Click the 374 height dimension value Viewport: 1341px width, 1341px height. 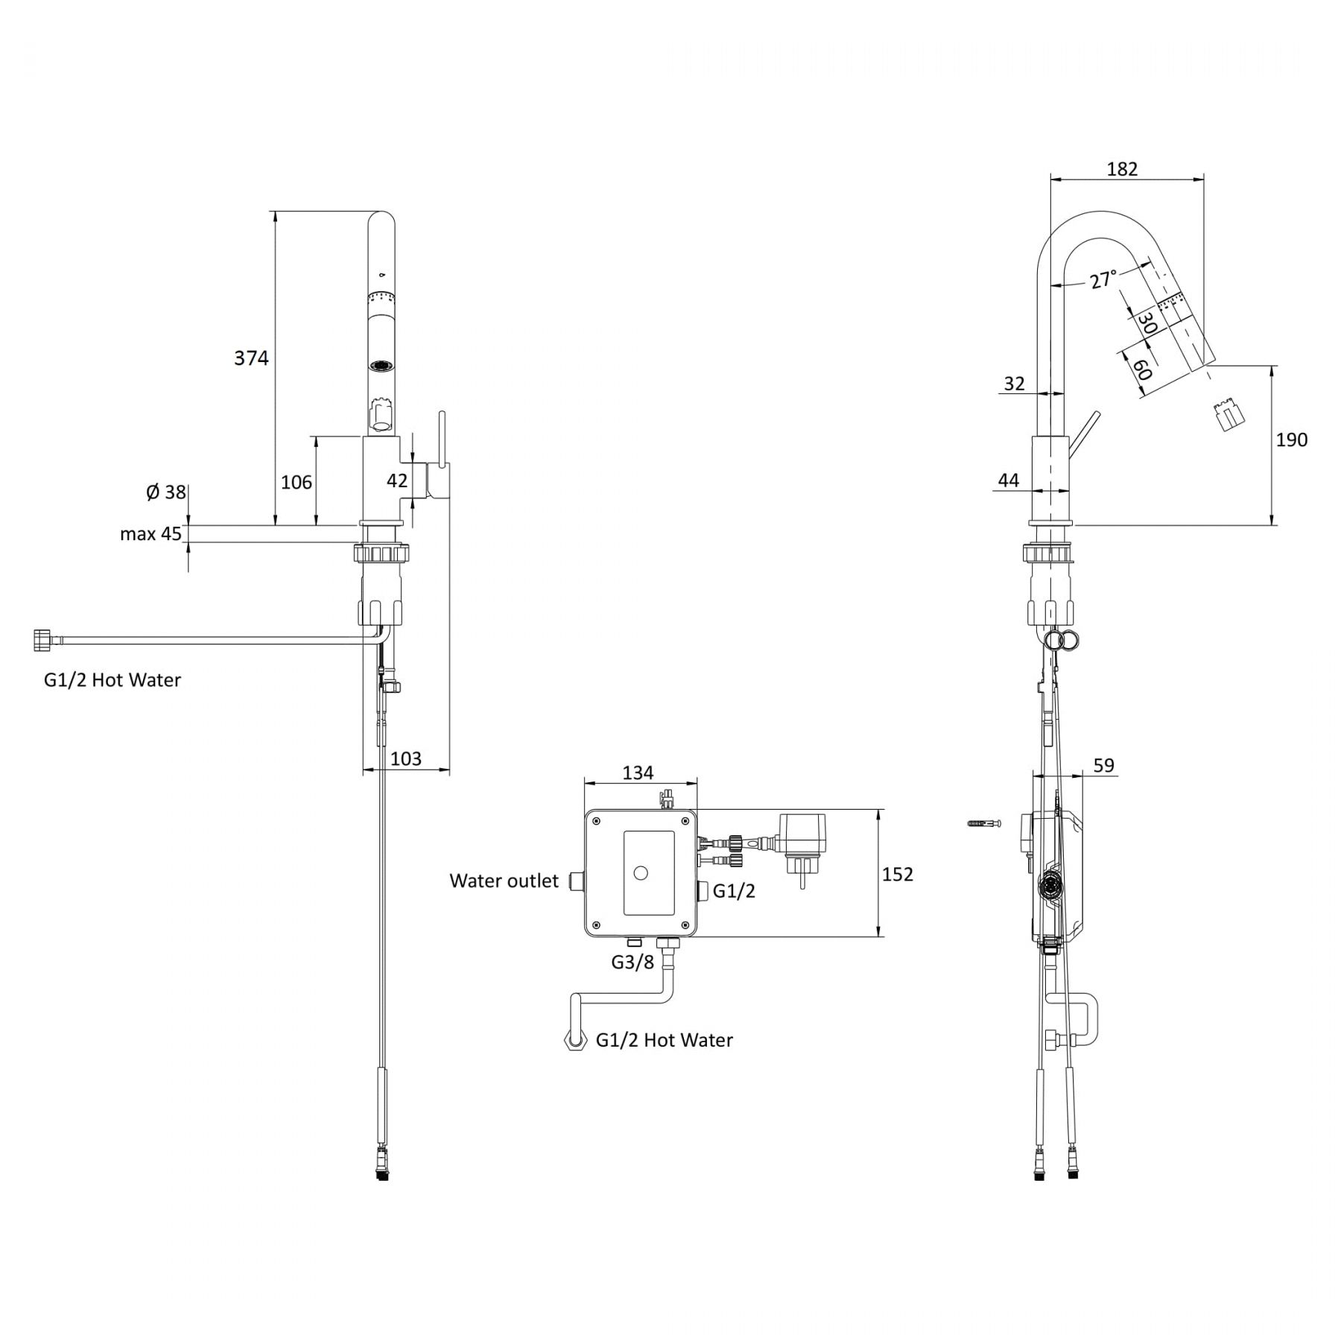pyautogui.click(x=251, y=358)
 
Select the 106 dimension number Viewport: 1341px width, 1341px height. pyautogui.click(x=297, y=483)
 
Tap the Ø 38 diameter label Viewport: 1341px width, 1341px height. pyautogui.click(x=165, y=492)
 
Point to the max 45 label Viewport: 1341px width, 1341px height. pyautogui.click(x=150, y=534)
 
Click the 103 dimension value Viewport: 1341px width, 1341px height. pyautogui.click(x=406, y=758)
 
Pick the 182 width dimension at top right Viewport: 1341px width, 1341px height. pyautogui.click(x=1122, y=169)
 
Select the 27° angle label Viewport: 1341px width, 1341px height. pyautogui.click(x=1103, y=279)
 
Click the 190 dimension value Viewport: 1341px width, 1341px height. pyautogui.click(x=1291, y=440)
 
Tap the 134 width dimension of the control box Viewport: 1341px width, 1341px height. pyautogui.click(x=638, y=773)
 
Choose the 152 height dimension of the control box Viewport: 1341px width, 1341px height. pyautogui.click(x=897, y=874)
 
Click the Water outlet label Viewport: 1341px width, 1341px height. pyautogui.click(x=504, y=881)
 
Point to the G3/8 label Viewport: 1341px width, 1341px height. pyautogui.click(x=633, y=963)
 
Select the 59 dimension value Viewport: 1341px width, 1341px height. pyautogui.click(x=1103, y=765)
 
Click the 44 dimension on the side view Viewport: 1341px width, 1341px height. pyautogui.click(x=1008, y=481)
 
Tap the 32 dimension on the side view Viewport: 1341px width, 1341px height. pyautogui.click(x=1014, y=384)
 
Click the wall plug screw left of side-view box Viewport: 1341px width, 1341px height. pyautogui.click(x=983, y=823)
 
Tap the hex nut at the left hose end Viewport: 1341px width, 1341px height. pyautogui.click(x=42, y=640)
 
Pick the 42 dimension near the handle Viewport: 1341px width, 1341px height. pyautogui.click(x=397, y=481)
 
